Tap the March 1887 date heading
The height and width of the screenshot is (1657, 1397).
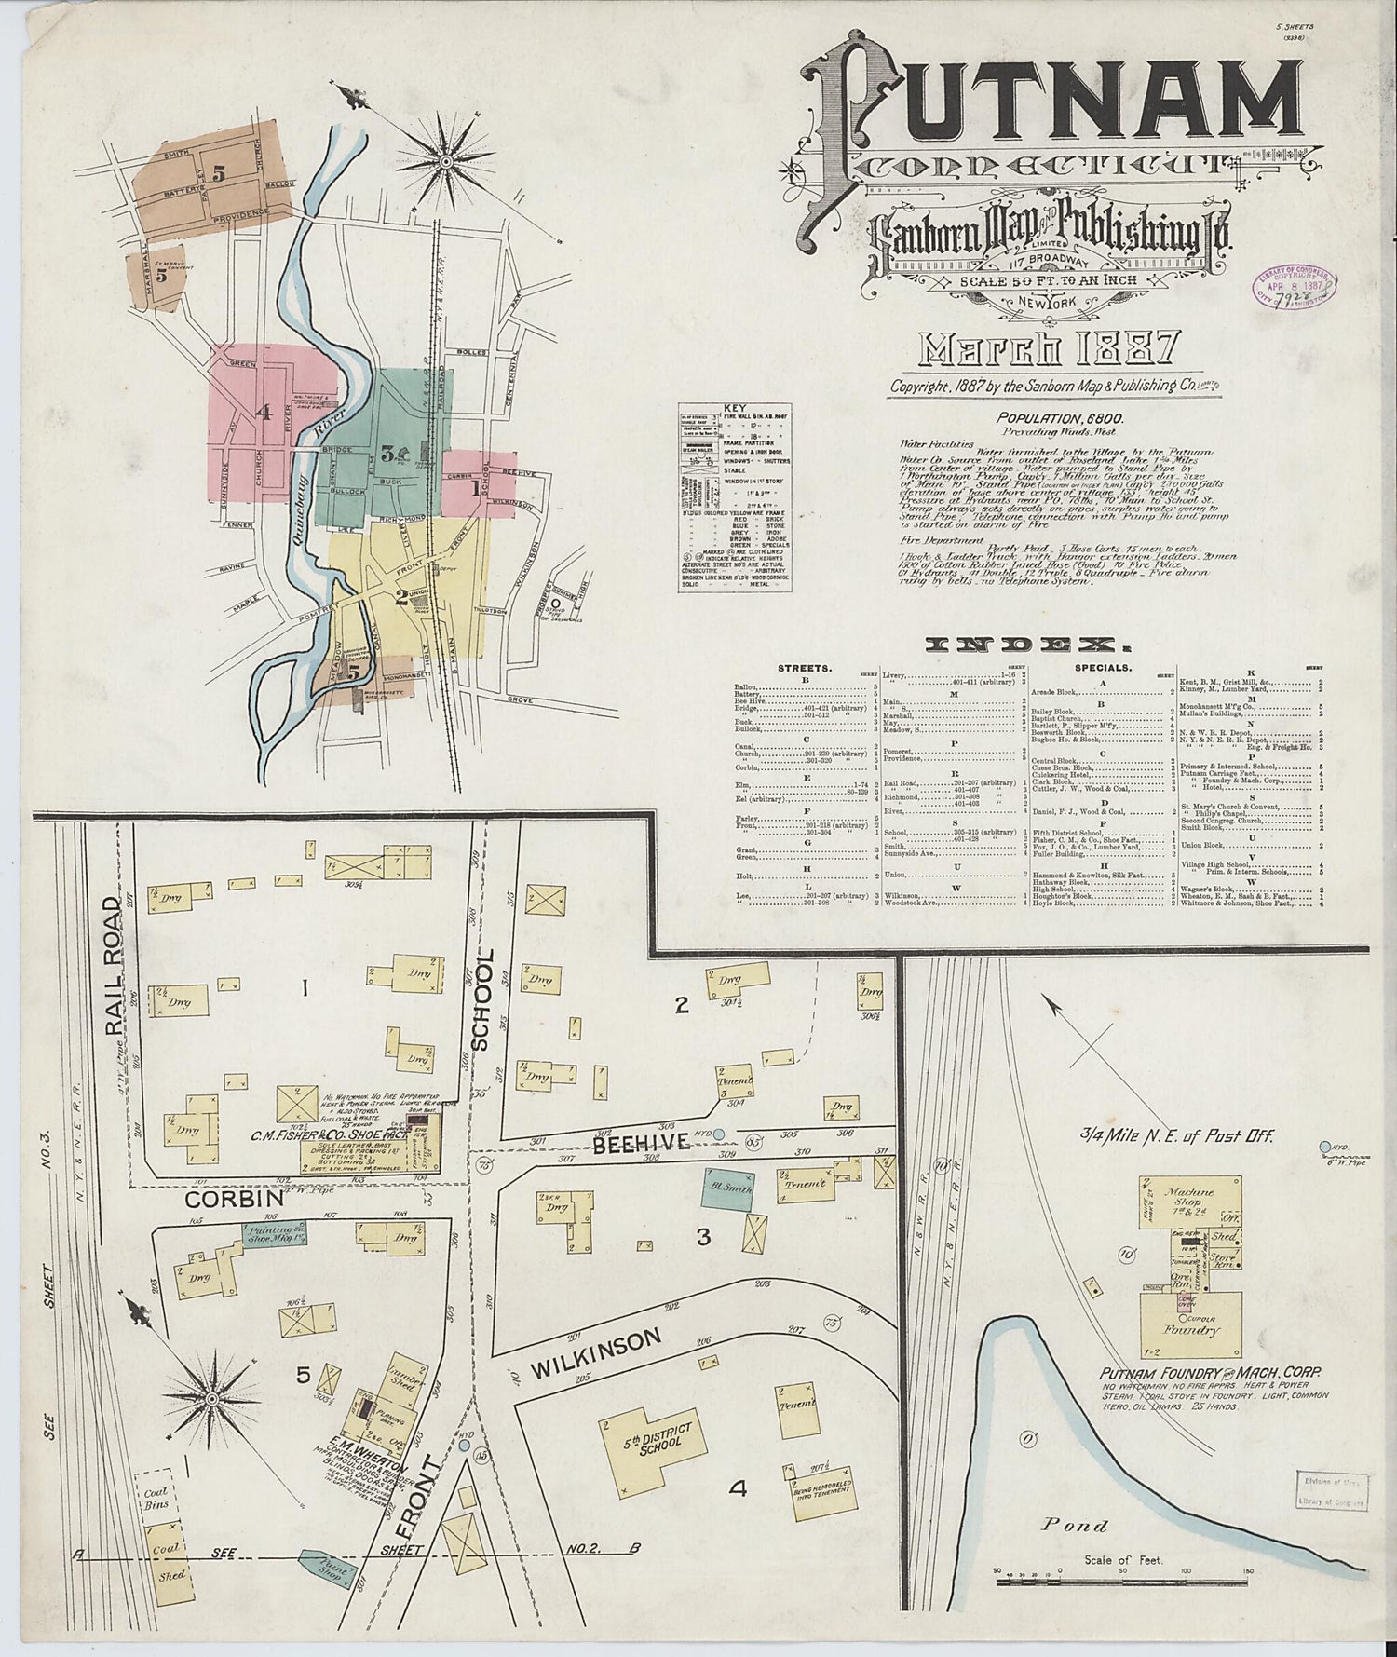point(1050,349)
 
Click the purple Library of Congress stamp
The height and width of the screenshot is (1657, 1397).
point(1294,290)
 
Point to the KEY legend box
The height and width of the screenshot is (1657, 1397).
point(736,498)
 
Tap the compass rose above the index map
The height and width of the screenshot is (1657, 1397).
point(446,162)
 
